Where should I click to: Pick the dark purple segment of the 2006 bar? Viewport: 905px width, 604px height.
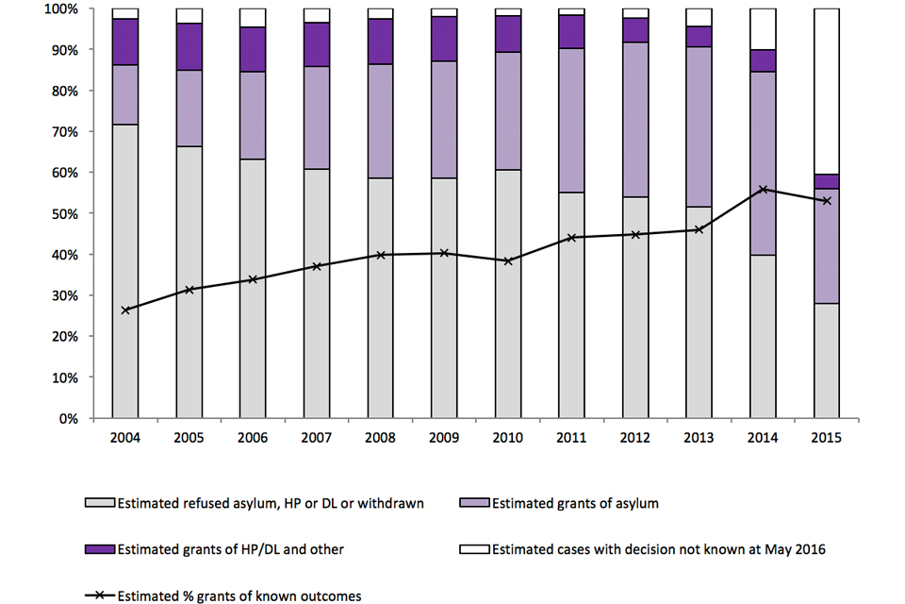coord(253,49)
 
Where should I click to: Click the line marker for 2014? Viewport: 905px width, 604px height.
coord(763,190)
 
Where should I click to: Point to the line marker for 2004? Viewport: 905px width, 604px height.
coord(125,310)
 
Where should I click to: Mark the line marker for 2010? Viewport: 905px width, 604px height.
coord(508,260)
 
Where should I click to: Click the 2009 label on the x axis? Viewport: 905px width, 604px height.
coord(444,438)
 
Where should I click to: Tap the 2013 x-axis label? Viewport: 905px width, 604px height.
coord(699,438)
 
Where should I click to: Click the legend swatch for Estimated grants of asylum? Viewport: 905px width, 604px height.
coord(475,504)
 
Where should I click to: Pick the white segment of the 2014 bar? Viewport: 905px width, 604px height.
coord(763,29)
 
